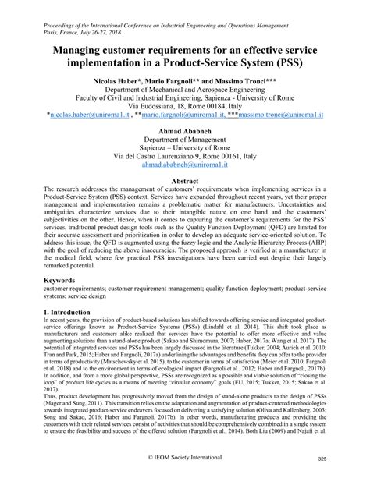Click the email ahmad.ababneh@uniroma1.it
pyautogui.click(x=185, y=165)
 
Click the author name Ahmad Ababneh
pyautogui.click(x=185, y=130)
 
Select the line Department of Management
pyautogui.click(x=185, y=142)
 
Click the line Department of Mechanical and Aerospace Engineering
pyautogui.click(x=185, y=91)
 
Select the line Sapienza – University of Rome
pyautogui.click(x=185, y=148)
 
